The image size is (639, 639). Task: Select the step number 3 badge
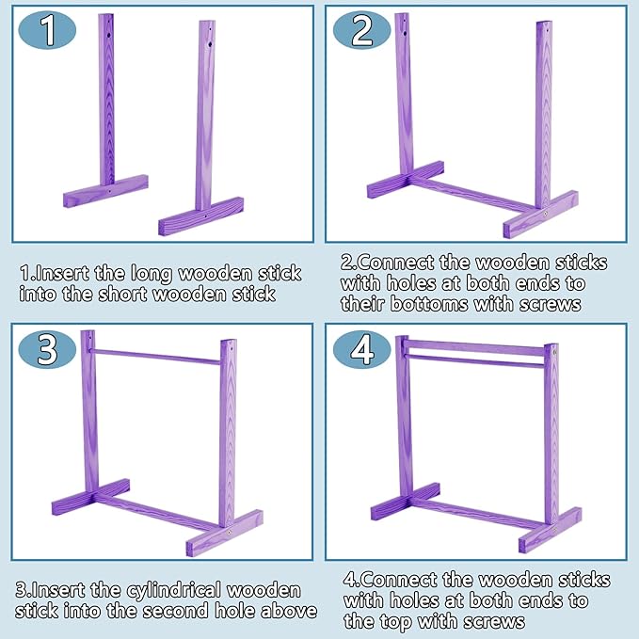pyautogui.click(x=48, y=348)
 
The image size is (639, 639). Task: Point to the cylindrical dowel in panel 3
pyautogui.click(x=155, y=355)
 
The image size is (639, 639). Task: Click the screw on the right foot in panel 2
pyautogui.click(x=548, y=216)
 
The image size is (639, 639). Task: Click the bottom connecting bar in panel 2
pyautogui.click(x=475, y=196)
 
